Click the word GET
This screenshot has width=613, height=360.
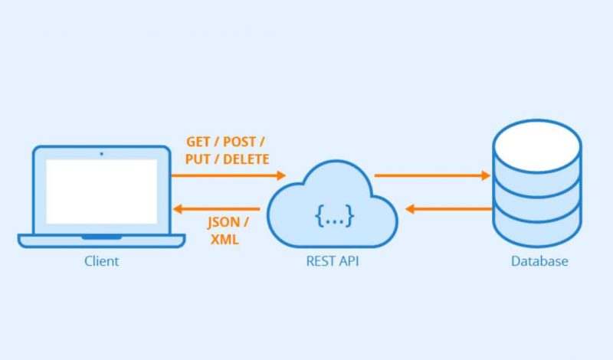198,142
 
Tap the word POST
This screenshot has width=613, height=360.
239,142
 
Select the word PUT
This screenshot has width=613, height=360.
198,159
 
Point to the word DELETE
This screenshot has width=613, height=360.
246,159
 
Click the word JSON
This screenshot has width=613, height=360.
223,222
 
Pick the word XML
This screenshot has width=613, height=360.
225,239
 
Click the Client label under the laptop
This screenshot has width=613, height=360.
102,261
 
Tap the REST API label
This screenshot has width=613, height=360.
333,261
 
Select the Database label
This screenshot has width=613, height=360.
539,261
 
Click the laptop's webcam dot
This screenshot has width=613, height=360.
102,154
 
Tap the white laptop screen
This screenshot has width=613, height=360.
102,191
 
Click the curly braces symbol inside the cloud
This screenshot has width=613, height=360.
334,215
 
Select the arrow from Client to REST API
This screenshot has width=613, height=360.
228,175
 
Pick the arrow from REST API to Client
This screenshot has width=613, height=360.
216,209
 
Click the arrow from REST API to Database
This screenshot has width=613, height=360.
432,175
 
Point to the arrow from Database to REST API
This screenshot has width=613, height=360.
449,209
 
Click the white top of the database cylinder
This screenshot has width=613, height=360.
537,146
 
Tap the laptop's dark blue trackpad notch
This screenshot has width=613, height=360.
102,237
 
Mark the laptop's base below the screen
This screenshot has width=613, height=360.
102,241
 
